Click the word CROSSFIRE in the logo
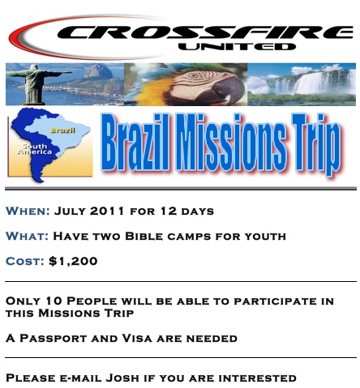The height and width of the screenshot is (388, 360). (x=205, y=32)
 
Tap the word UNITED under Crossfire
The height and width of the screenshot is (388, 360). (x=237, y=46)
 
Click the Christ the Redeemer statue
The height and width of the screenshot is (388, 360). (x=35, y=84)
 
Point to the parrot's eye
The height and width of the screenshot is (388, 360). (x=193, y=75)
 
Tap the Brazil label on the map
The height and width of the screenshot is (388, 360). (x=62, y=130)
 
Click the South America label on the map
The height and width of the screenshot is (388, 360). (x=34, y=149)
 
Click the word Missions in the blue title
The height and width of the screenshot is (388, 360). (x=231, y=143)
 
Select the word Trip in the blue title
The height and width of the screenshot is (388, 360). (x=316, y=144)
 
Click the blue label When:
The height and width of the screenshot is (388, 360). (x=28, y=211)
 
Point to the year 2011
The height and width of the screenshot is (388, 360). (x=107, y=211)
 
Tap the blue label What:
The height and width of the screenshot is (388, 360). (x=27, y=237)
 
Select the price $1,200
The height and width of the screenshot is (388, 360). (x=73, y=261)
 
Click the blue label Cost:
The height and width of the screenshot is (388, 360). (x=25, y=262)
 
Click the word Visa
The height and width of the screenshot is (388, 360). (x=137, y=338)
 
